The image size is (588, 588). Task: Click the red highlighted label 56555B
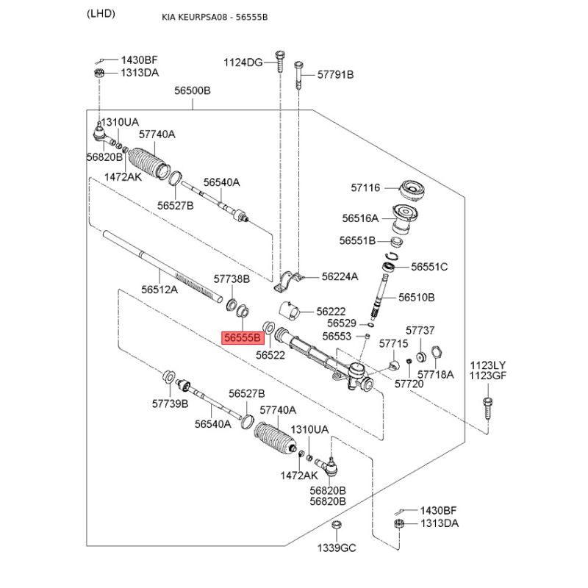click(x=243, y=338)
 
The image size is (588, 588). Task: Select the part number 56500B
click(x=193, y=91)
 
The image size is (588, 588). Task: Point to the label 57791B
click(x=335, y=75)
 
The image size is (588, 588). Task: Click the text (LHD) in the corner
click(x=101, y=15)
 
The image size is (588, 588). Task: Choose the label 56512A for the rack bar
click(x=159, y=290)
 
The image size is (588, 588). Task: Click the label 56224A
click(x=340, y=277)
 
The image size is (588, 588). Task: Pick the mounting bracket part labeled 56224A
click(x=293, y=279)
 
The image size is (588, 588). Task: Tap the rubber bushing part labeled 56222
click(x=288, y=312)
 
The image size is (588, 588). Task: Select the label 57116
click(x=365, y=188)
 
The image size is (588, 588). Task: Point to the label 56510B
click(x=417, y=298)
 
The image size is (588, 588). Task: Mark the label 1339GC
click(x=336, y=548)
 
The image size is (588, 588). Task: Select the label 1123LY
click(x=489, y=365)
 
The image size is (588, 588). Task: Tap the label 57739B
click(x=171, y=404)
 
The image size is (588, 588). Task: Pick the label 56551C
click(x=429, y=267)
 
